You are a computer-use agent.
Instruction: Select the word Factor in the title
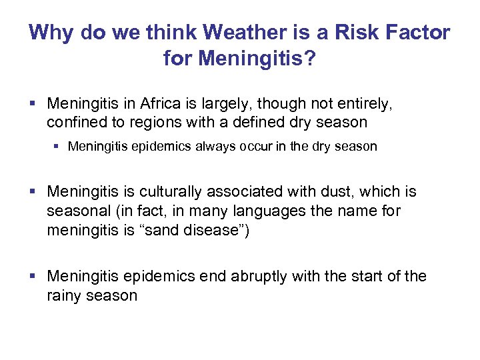click(417, 32)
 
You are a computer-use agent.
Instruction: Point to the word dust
click(331, 193)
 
